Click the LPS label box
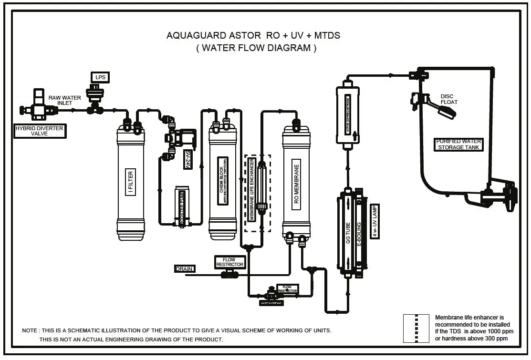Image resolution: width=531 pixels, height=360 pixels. click(100, 77)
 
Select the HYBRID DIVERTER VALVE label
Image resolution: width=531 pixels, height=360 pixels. click(39, 131)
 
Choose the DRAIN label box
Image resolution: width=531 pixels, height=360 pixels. click(185, 269)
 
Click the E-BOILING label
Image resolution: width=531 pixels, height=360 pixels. click(359, 233)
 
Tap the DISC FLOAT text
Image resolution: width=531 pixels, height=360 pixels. click(449, 99)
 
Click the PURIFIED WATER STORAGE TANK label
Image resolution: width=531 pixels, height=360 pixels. click(458, 144)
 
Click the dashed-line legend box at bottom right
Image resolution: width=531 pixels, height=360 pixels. click(416, 328)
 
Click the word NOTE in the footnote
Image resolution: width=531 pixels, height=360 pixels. click(30, 330)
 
